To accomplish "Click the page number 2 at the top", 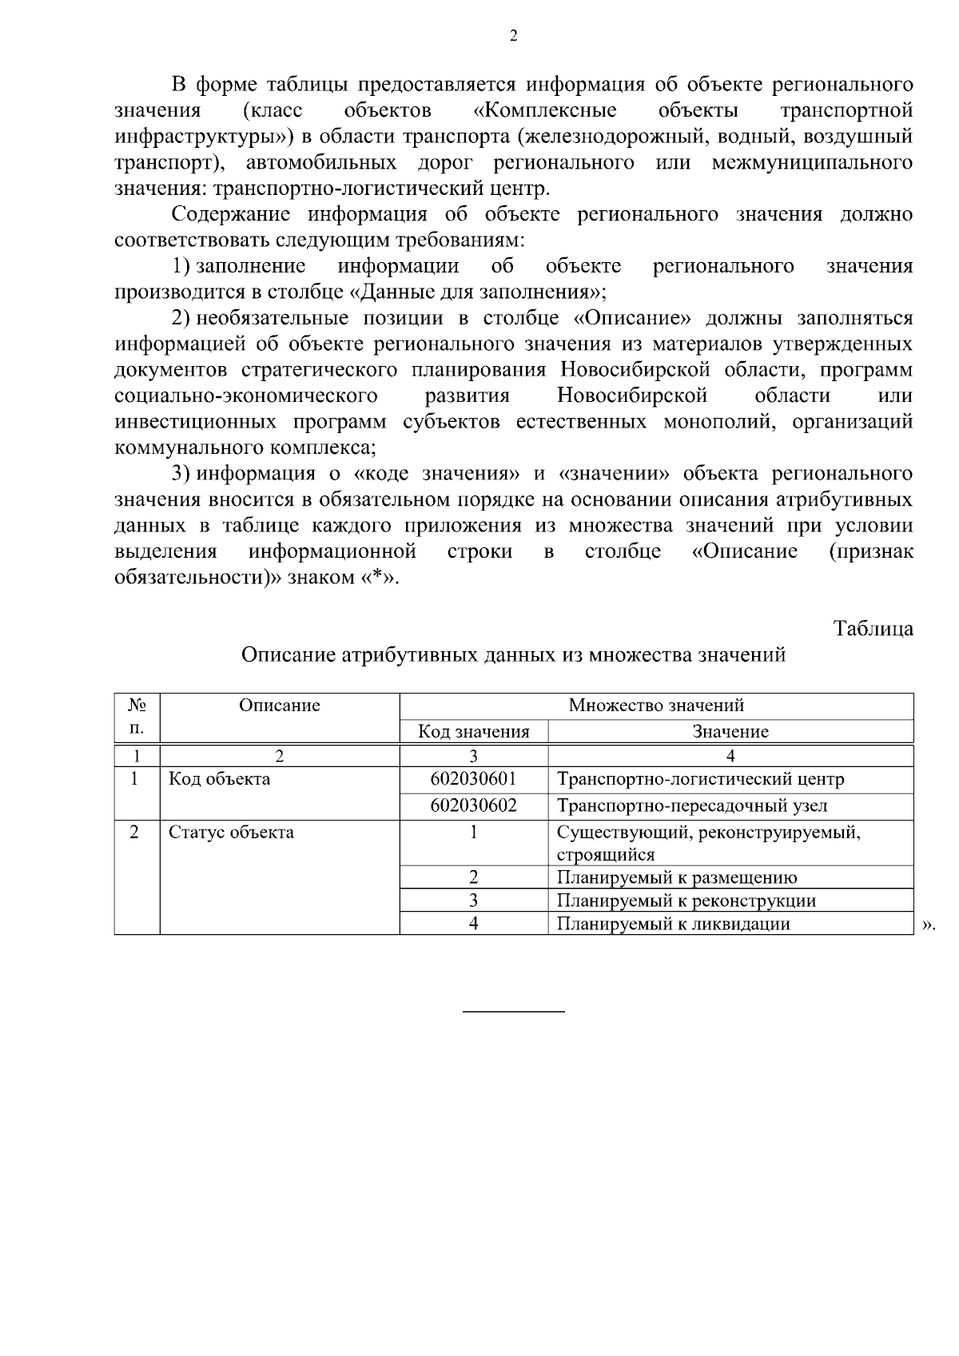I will coord(513,35).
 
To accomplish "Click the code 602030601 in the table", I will coord(473,778).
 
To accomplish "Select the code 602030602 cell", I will coord(473,805).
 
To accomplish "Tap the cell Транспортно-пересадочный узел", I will coord(692,805).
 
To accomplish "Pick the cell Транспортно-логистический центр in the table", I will coord(700,778).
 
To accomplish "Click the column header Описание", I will coord(280,705).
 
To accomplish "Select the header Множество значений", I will coord(656,705).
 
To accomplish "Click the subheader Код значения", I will coord(474,731).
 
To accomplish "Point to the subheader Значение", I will coord(730,731).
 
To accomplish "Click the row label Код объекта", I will coord(219,778).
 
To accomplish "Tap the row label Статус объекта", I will coord(231,832).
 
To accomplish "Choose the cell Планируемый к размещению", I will coord(677,877).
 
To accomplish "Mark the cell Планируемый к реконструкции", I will coord(686,901).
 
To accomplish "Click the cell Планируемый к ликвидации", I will coord(673,924).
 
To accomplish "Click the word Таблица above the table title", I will coord(873,628).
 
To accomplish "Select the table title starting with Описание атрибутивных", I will coord(513,655).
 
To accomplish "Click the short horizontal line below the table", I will coord(514,1012).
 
